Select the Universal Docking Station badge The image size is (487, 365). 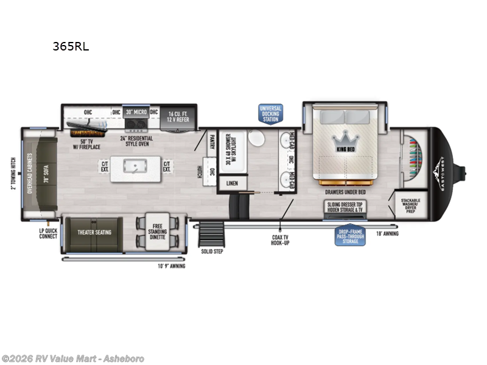click(270, 113)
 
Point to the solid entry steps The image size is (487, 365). click(212, 235)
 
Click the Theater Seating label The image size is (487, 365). click(93, 232)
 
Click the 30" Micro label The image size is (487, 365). click(136, 112)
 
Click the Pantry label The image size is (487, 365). click(212, 142)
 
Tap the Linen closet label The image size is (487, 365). click(232, 182)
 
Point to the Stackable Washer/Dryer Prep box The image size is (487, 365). click(410, 205)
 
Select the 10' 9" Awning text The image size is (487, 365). click(172, 266)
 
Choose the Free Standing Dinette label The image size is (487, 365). click(158, 232)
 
